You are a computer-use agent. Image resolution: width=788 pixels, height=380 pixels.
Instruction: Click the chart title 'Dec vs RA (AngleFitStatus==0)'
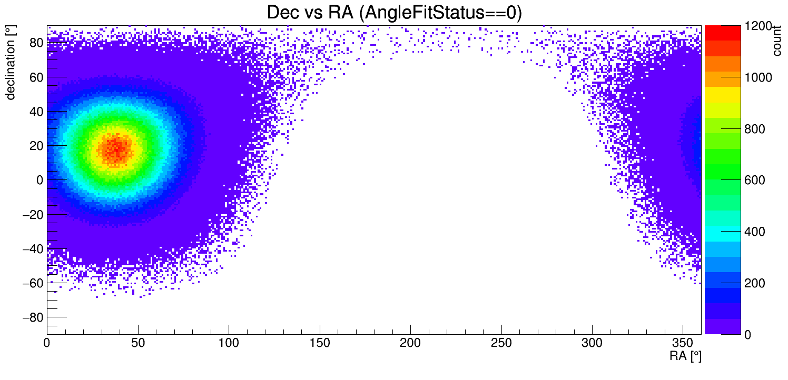[394, 12]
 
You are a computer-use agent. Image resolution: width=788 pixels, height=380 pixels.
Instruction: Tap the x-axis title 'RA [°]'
[685, 356]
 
